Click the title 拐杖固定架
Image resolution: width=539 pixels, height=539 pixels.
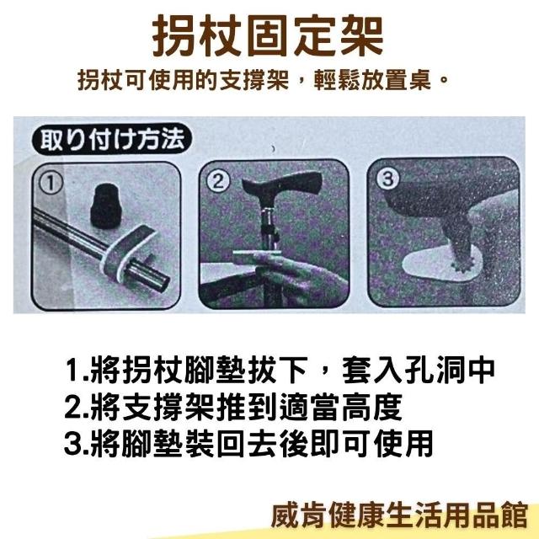point(268,36)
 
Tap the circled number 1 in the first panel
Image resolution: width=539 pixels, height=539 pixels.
point(51,183)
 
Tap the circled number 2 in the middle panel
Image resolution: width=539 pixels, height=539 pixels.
point(218,181)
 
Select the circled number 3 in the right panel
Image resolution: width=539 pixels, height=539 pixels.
point(387,179)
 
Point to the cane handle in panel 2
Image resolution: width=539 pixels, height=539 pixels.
point(282,184)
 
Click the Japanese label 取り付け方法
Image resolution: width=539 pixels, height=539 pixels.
point(112,139)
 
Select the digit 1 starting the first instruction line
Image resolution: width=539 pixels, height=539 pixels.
point(72,371)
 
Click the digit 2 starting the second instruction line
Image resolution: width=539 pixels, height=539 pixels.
point(72,407)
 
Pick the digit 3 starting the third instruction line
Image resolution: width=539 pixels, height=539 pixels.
point(72,444)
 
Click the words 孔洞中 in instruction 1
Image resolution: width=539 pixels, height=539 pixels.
point(449,371)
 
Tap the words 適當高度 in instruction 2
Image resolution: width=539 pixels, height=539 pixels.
point(340,407)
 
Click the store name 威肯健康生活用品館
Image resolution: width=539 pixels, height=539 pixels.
point(399,515)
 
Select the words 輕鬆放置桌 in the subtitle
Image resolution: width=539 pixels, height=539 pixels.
point(372,81)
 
